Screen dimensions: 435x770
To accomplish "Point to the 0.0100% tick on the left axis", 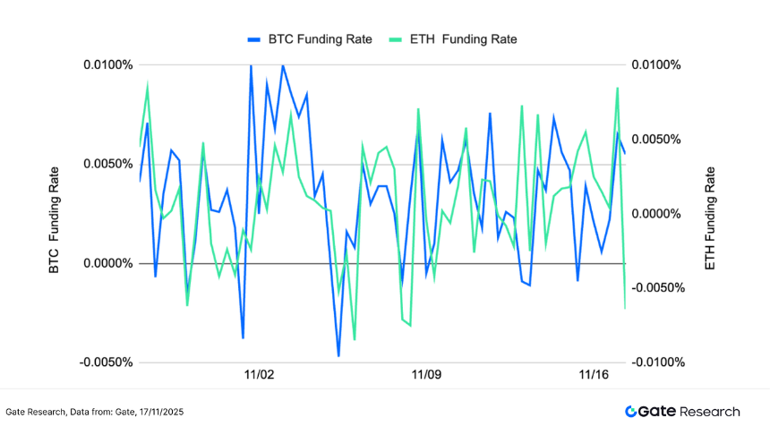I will (108, 65).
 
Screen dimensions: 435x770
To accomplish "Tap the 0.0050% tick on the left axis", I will (108, 165).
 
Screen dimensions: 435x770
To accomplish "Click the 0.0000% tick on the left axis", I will (108, 264).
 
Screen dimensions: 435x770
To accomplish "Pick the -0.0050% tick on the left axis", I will (107, 362).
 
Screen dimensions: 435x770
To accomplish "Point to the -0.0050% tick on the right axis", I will (661, 288).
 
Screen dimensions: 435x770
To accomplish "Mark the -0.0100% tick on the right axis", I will (661, 362).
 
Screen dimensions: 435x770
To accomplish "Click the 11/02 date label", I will (259, 374).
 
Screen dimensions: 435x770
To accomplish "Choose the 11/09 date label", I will (426, 374).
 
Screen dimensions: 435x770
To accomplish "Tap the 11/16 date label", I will (594, 374).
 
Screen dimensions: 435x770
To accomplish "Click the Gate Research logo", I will (682, 412).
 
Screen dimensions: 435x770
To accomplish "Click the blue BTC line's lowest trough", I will (338, 356).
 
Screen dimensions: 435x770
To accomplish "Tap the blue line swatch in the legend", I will (253, 39).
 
